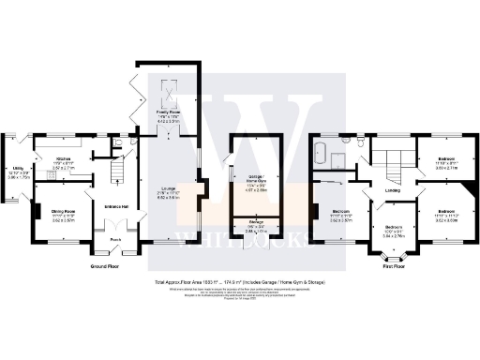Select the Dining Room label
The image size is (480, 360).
pos(62,212)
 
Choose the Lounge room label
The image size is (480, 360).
pos(169,194)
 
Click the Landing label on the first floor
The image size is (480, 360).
pos(395,192)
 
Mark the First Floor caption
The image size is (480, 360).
pos(395,266)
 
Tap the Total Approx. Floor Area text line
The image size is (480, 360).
pos(239,281)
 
